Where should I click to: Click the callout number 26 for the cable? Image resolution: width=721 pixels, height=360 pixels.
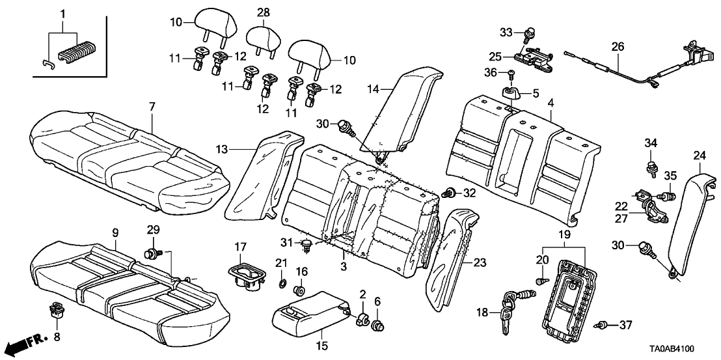click(617, 47)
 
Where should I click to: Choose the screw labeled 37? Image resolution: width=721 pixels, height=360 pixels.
click(603, 324)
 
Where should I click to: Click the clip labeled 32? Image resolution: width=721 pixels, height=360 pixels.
click(448, 193)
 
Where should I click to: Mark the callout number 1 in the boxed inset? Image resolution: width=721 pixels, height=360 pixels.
click(63, 14)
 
